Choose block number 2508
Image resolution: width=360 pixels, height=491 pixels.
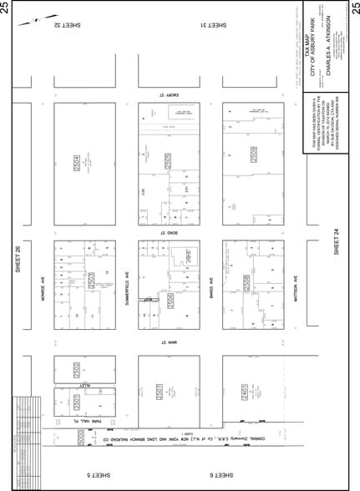point(247,284)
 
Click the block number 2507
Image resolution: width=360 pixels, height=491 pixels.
point(159,391)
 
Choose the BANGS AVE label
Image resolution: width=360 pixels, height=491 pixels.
point(211,288)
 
